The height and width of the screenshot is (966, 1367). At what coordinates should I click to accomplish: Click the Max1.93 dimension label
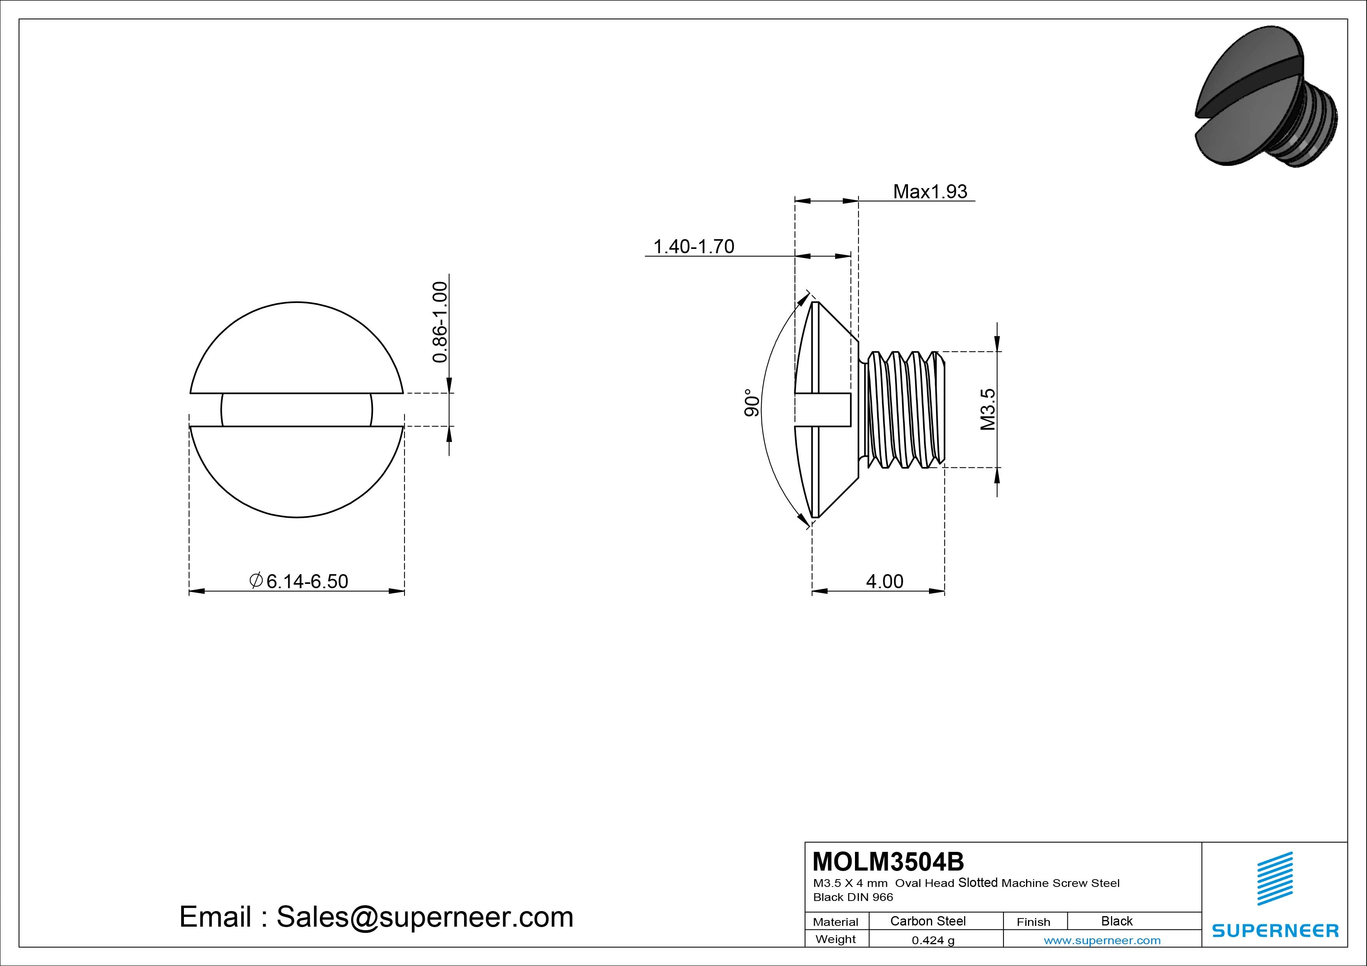point(930,192)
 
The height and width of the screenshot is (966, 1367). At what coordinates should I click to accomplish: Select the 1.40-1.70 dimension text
point(694,247)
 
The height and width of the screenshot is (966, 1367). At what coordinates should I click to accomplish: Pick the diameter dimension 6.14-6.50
point(300,581)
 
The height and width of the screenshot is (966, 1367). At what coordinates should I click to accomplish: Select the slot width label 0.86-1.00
point(440,322)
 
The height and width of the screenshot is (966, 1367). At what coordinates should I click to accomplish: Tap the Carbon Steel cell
point(927,921)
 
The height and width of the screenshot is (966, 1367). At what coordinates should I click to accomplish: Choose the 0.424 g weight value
point(933,940)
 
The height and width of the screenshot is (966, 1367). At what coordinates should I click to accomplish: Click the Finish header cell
point(1033,921)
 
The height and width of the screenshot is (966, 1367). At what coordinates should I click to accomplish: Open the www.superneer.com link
point(1102,940)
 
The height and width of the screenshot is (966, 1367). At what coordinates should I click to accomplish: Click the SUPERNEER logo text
point(1275,930)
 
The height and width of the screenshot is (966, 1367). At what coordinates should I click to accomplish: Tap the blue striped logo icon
point(1275,878)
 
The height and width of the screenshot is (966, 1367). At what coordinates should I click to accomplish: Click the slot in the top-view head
point(297,409)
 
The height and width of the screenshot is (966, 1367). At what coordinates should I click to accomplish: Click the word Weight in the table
point(835,939)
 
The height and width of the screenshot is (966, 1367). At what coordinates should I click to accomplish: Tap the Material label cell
point(835,921)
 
